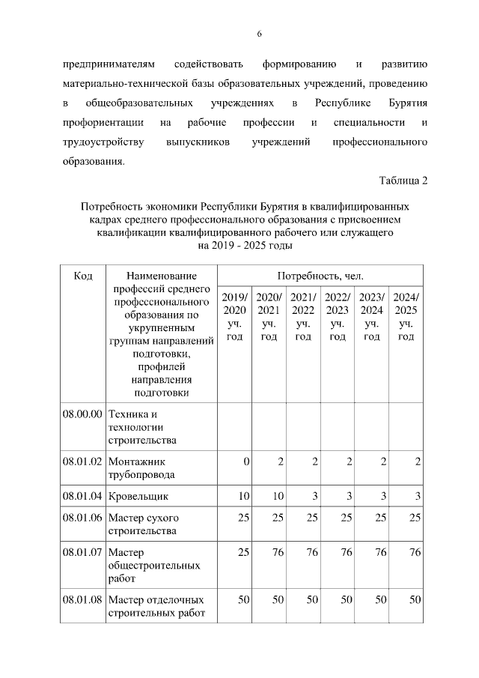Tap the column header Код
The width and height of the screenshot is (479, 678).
click(x=83, y=276)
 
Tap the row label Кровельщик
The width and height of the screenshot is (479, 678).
click(x=138, y=495)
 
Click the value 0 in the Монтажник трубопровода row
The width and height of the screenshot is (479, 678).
click(x=245, y=461)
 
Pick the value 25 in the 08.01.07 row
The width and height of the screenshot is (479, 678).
click(x=242, y=552)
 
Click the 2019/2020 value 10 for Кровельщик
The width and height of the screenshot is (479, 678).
click(x=242, y=495)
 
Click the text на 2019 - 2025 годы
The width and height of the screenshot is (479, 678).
click(x=245, y=244)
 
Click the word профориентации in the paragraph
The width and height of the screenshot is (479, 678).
click(x=101, y=121)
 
